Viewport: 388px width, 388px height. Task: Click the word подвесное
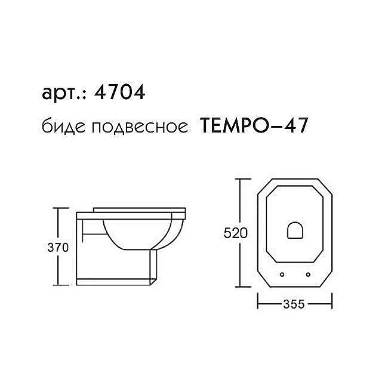pyautogui.click(x=134, y=127)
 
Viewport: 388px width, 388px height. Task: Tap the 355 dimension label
pyautogui.click(x=294, y=304)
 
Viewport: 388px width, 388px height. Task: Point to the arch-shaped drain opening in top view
pyautogui.click(x=295, y=231)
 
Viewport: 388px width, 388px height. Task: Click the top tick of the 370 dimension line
pyautogui.click(x=57, y=208)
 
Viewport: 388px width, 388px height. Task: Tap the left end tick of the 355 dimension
pyautogui.click(x=257, y=304)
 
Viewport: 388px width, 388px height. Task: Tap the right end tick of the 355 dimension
pyautogui.click(x=332, y=304)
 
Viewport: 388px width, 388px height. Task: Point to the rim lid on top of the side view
pyautogui.click(x=140, y=210)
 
